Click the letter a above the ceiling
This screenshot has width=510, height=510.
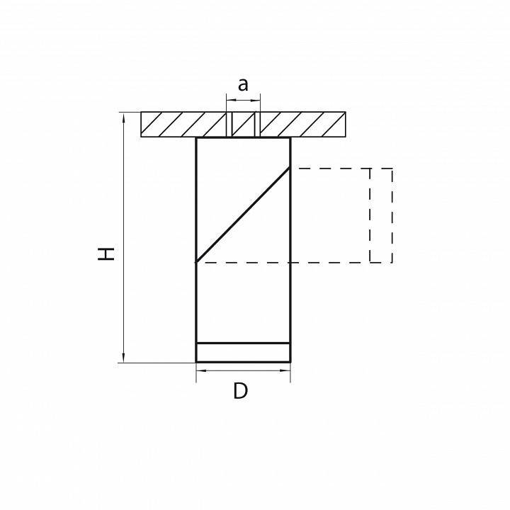pyautogui.click(x=243, y=85)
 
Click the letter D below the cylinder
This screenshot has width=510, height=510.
pyautogui.click(x=242, y=390)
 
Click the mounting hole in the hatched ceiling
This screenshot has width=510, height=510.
pyautogui.click(x=243, y=125)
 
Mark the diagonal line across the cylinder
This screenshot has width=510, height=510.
pyautogui.click(x=243, y=215)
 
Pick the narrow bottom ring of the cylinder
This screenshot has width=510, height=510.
pyautogui.click(x=243, y=353)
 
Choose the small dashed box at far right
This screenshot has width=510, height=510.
pyautogui.click(x=381, y=215)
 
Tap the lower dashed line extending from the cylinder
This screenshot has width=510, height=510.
pyautogui.click(x=329, y=263)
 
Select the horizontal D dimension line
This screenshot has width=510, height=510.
pyautogui.click(x=243, y=370)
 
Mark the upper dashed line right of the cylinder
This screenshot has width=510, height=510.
pyautogui.click(x=329, y=169)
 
